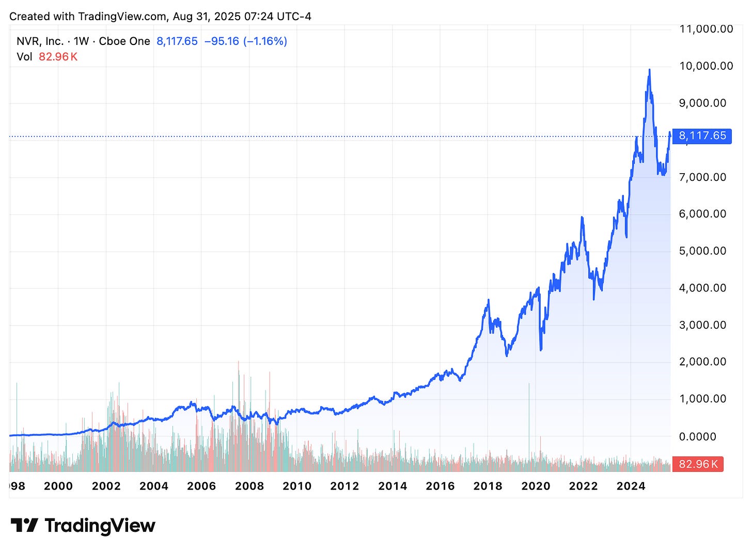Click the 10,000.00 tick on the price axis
(x=706, y=66)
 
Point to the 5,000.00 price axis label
(x=702, y=251)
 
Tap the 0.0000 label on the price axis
(x=697, y=437)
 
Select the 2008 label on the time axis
(x=249, y=486)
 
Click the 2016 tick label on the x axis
(x=440, y=486)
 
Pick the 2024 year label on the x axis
(x=631, y=486)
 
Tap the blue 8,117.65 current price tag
(x=702, y=136)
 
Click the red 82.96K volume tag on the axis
(x=698, y=464)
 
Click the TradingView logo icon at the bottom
(x=24, y=526)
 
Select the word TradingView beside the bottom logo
(x=100, y=526)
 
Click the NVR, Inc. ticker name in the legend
(x=40, y=41)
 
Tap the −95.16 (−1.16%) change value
(x=245, y=41)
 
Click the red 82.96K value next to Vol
(x=58, y=57)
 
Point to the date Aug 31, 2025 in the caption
(x=207, y=16)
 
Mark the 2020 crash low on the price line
(x=541, y=350)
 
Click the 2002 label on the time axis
(x=106, y=486)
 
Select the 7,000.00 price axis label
(x=702, y=177)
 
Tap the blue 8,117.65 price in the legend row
(x=177, y=41)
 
